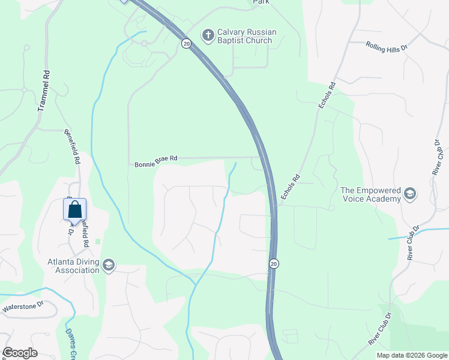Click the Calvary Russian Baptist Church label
point(244,37)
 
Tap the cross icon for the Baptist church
point(208,36)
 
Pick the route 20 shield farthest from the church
point(274,263)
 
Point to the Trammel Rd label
point(42,90)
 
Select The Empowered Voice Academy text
point(370,194)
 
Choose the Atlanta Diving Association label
point(73,266)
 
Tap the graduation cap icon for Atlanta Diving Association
point(109,266)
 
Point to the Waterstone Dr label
point(23,308)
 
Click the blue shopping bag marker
point(74,210)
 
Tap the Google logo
point(20,353)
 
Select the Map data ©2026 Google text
point(411,355)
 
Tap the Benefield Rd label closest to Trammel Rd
point(71,146)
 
